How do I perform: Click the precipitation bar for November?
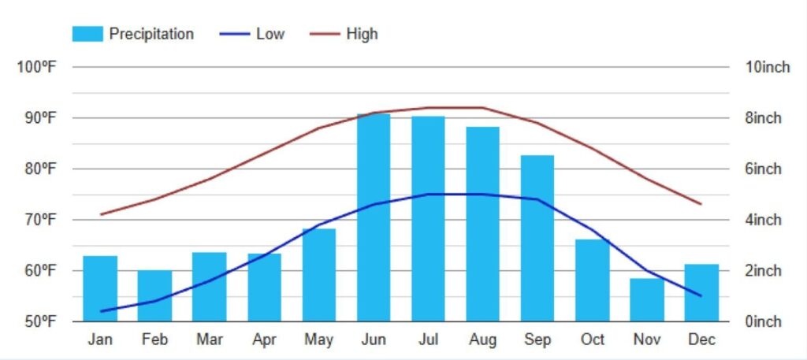[647, 300]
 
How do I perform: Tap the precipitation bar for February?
[154, 296]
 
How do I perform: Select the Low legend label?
[270, 34]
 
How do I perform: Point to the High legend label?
[362, 34]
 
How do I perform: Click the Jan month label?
[100, 340]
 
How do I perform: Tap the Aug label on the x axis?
[482, 340]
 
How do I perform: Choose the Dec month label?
[701, 340]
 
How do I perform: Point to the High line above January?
[100, 214]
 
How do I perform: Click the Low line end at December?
[701, 296]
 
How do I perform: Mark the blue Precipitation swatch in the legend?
[87, 34]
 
